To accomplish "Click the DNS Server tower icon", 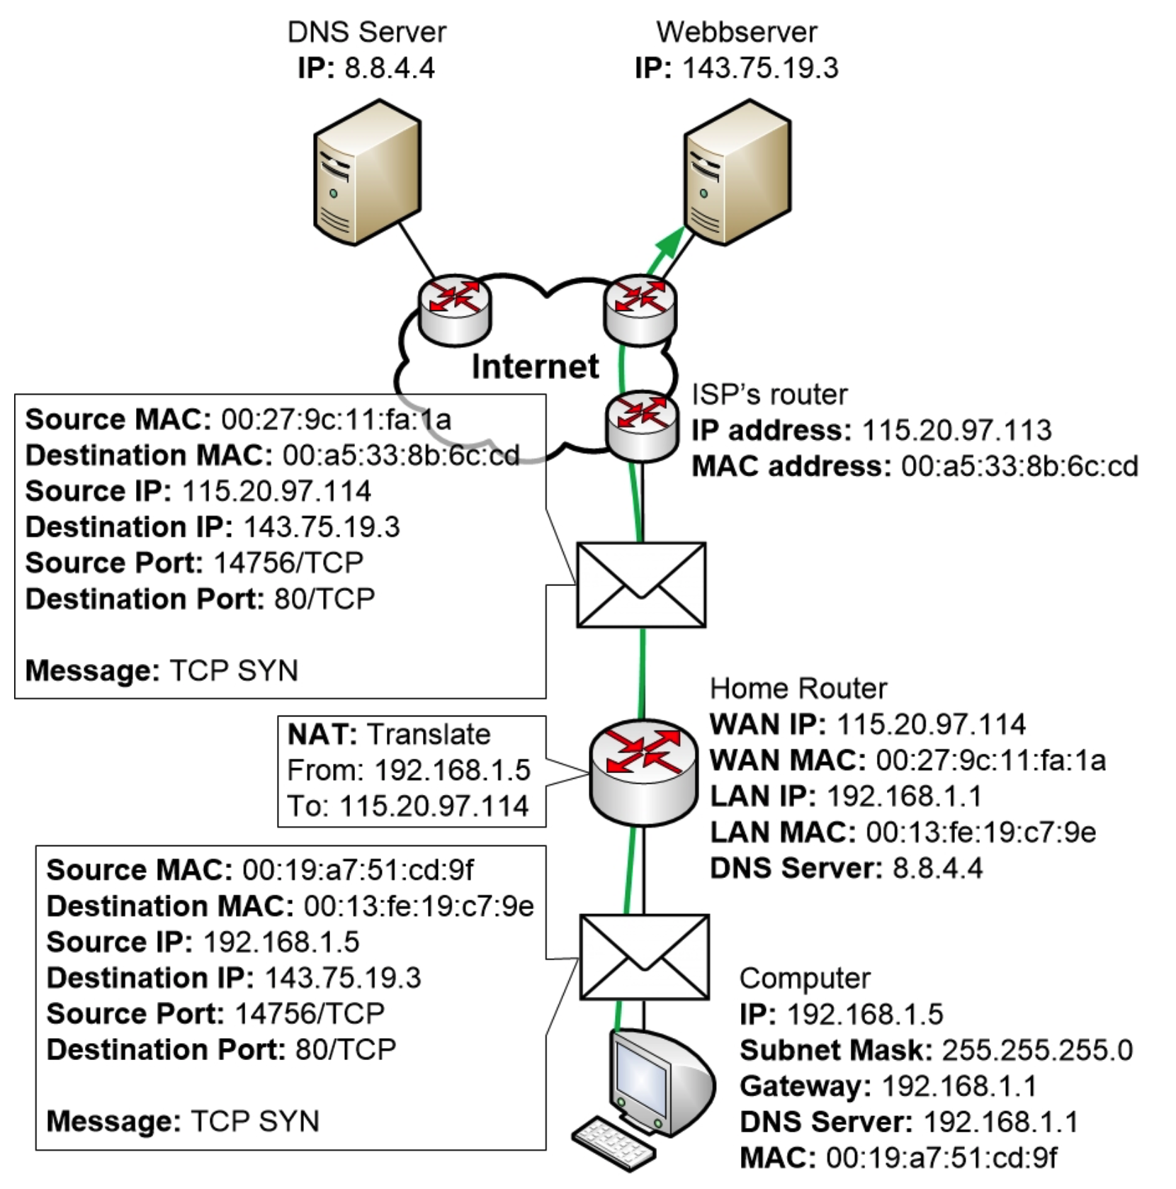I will (x=367, y=173).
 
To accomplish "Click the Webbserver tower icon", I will (x=737, y=173).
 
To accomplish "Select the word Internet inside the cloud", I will (x=535, y=367).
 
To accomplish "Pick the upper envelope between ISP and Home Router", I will (x=641, y=585).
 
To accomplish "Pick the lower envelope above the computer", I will (x=644, y=957).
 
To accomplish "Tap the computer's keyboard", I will (x=614, y=1142).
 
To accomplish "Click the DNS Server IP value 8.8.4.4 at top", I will (x=390, y=68).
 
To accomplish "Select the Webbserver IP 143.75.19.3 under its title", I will (x=759, y=68).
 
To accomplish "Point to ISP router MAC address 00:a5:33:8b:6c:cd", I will (x=1019, y=466).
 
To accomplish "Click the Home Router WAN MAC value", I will (x=990, y=760).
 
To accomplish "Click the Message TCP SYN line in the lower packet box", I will (x=183, y=1121).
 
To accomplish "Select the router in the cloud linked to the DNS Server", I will (x=455, y=310).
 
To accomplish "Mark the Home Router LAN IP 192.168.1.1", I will (x=904, y=796).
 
